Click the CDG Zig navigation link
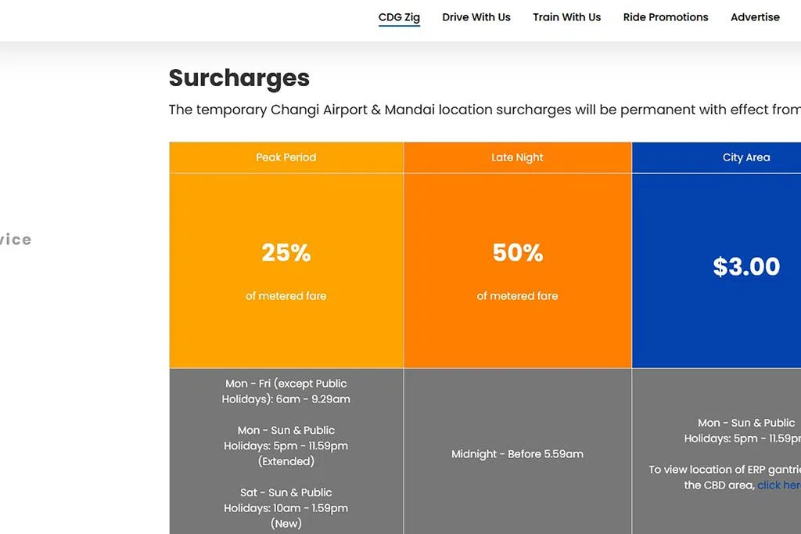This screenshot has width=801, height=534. pyautogui.click(x=399, y=17)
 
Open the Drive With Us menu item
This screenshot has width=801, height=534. pyautogui.click(x=476, y=17)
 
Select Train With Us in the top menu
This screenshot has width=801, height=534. pyautogui.click(x=566, y=17)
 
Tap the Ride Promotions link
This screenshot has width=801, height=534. pyautogui.click(x=666, y=17)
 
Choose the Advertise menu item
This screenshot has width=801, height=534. pyautogui.click(x=755, y=17)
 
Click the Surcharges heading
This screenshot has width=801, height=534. pyautogui.click(x=239, y=78)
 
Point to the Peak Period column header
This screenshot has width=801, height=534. pyautogui.click(x=286, y=157)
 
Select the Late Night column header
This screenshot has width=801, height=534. pyautogui.click(x=517, y=157)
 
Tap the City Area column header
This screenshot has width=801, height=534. pyautogui.click(x=745, y=157)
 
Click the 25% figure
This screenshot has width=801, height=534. pyautogui.click(x=286, y=253)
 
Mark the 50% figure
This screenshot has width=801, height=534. pyautogui.click(x=518, y=253)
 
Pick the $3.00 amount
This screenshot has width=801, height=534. pyautogui.click(x=746, y=266)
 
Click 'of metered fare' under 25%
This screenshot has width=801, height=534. pyautogui.click(x=286, y=296)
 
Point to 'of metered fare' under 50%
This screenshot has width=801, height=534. pyautogui.click(x=518, y=296)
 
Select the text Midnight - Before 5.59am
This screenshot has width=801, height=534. pyautogui.click(x=517, y=454)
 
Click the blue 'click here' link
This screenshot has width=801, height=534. pyautogui.click(x=779, y=485)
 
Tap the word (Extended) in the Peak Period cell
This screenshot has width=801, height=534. pyautogui.click(x=286, y=461)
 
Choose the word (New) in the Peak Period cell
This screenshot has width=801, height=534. pyautogui.click(x=286, y=524)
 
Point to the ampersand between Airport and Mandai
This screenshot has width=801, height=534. pyautogui.click(x=375, y=110)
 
